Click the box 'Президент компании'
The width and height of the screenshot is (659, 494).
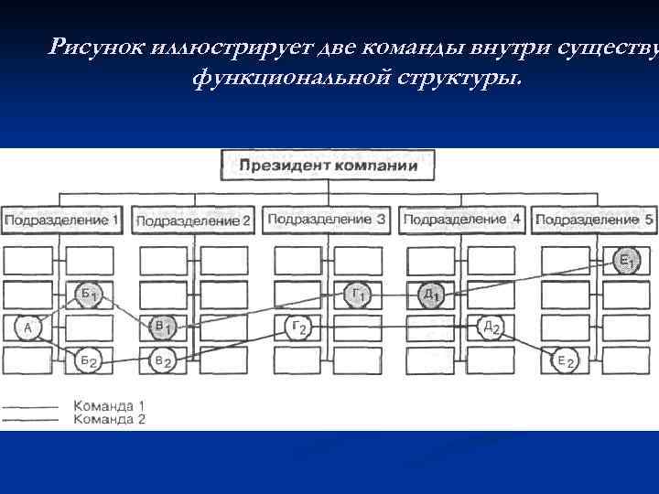[328, 166]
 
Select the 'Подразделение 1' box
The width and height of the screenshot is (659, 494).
[61, 220]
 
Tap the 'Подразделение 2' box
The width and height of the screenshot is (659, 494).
[192, 220]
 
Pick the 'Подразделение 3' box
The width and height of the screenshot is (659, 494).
[325, 220]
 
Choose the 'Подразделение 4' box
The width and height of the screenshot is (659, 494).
[461, 220]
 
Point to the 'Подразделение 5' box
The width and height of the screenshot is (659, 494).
[595, 220]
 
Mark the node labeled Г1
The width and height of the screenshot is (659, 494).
[358, 294]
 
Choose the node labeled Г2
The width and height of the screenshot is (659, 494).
[298, 328]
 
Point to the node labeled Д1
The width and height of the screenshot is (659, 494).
[430, 294]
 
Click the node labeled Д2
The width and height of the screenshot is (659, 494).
[491, 328]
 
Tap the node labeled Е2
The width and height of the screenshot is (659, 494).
[566, 361]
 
